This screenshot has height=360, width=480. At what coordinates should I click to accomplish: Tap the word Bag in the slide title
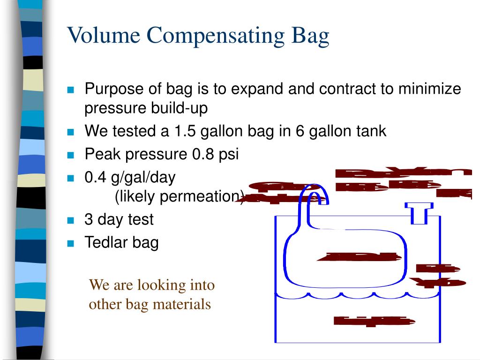pos(310,37)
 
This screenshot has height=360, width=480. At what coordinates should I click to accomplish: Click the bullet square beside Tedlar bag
pos(71,243)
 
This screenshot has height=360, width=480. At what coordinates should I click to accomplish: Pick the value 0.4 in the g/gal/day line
pos(95,178)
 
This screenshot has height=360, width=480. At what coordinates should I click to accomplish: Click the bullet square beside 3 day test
pos(71,220)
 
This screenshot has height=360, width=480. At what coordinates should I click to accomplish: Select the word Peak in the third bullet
pos(100,154)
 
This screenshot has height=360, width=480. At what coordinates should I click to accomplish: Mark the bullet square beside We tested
pos(71,132)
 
